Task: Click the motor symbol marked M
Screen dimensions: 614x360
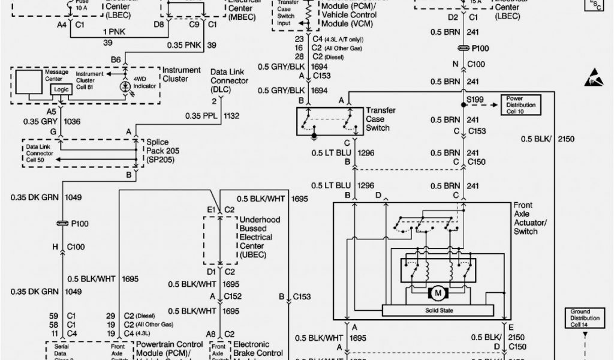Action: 438,294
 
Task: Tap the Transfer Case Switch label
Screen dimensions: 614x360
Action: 383,119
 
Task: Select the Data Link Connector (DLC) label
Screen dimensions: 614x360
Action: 228,80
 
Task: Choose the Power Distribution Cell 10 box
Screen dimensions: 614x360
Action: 521,104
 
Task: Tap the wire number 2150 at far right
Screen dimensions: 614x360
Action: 566,139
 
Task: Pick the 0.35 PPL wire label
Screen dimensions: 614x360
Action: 198,115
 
